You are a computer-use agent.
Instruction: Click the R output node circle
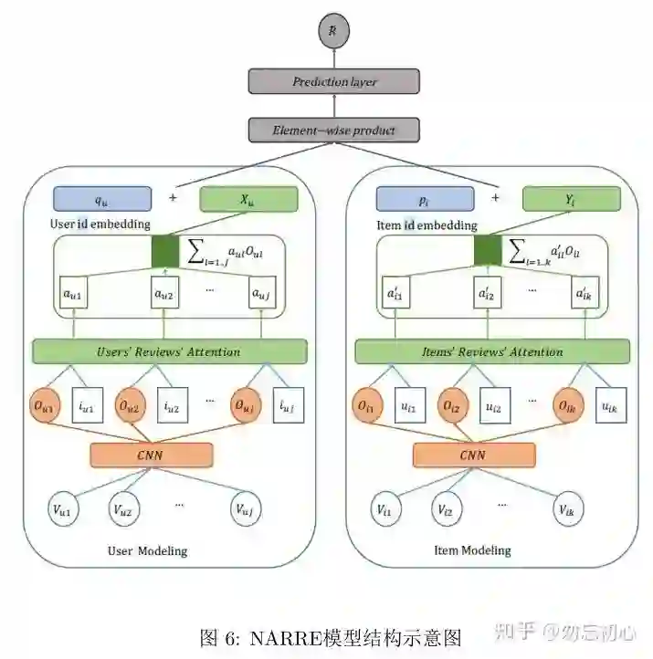(x=333, y=32)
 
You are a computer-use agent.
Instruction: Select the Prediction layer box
(x=334, y=82)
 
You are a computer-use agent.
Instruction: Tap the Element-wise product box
(x=334, y=130)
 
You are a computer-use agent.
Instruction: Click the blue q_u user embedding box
(x=100, y=198)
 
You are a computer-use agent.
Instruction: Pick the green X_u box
(x=249, y=198)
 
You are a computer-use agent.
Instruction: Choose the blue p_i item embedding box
(x=425, y=198)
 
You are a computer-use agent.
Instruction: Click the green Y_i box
(x=572, y=198)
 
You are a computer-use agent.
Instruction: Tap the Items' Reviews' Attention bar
(x=492, y=351)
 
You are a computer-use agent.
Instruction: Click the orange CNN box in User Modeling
(x=152, y=455)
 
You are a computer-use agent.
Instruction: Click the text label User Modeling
(x=148, y=550)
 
